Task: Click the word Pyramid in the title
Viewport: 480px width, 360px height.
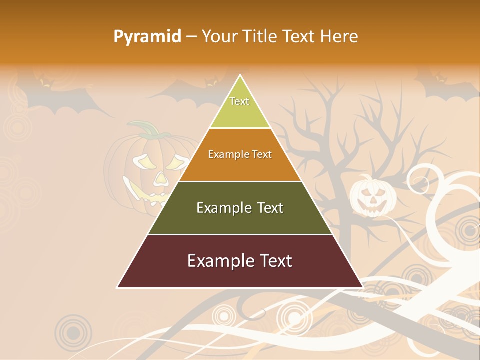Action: point(147,37)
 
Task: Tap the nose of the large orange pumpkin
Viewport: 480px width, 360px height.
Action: point(160,178)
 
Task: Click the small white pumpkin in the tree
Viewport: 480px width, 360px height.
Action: point(372,196)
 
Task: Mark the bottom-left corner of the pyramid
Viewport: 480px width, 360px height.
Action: point(117,287)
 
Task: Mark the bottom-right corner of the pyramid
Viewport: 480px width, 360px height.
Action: point(363,287)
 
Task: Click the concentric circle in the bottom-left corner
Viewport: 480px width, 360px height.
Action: point(73,332)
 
